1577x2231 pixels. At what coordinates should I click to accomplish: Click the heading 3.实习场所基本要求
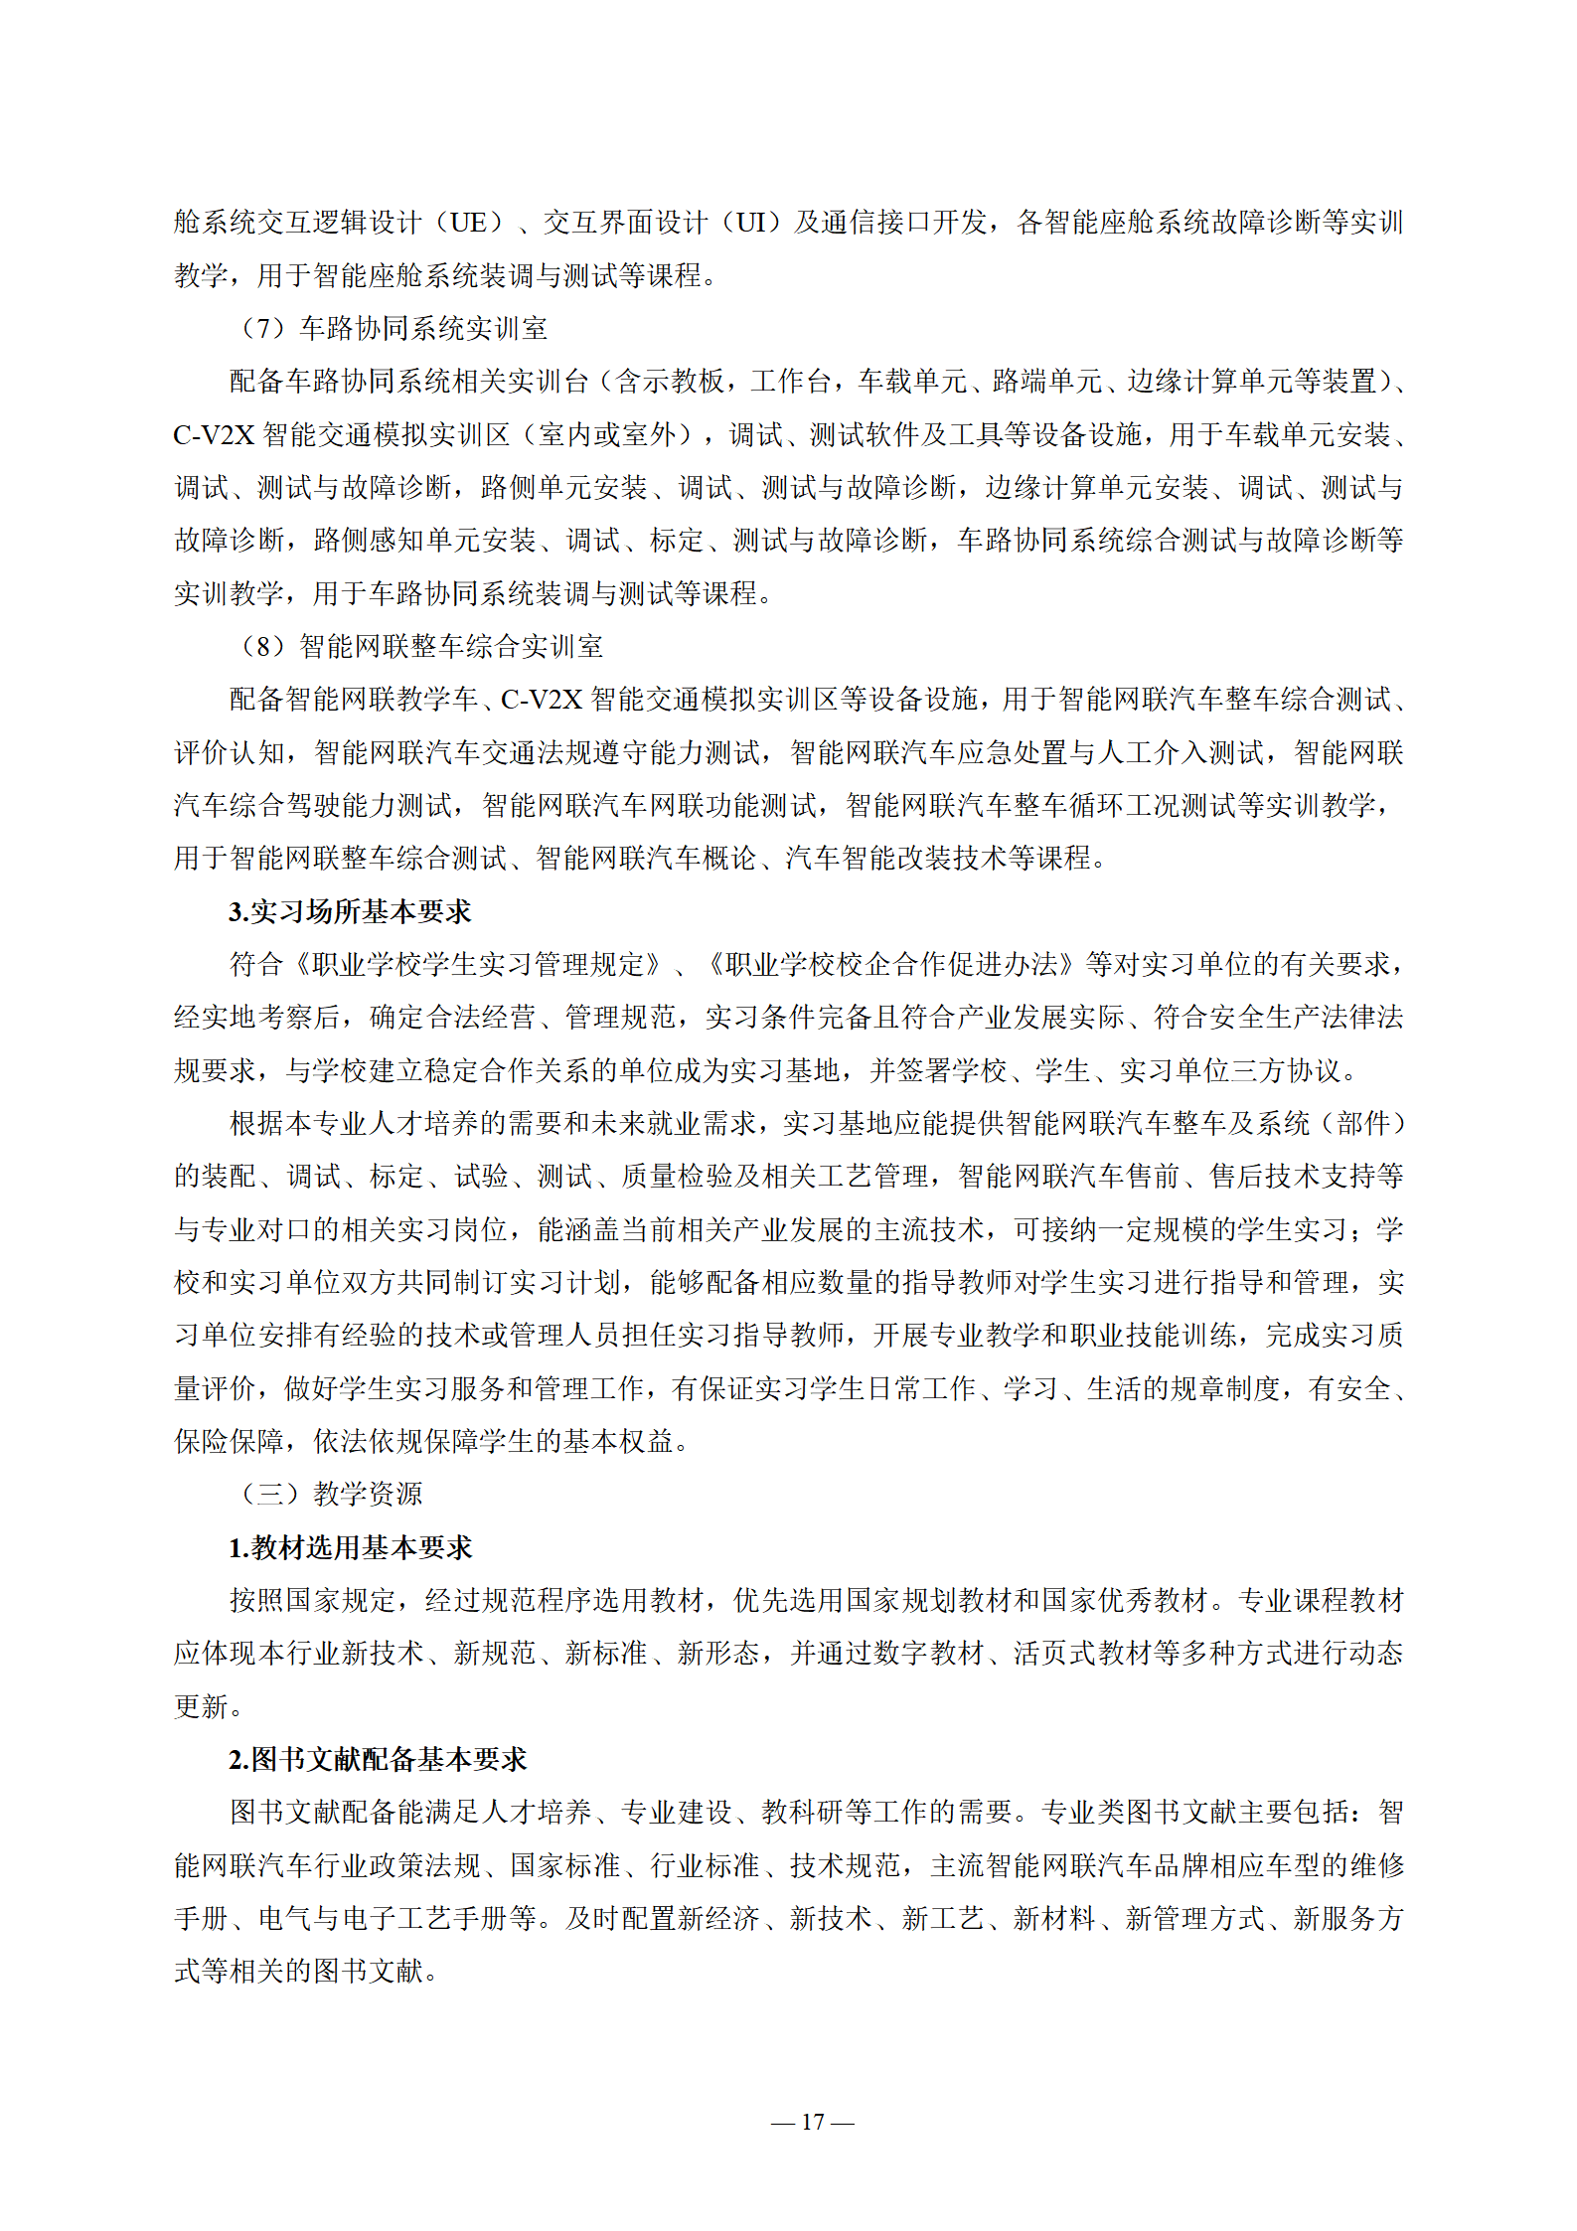pyautogui.click(x=350, y=911)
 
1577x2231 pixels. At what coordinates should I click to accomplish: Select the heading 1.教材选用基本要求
pyautogui.click(x=350, y=1547)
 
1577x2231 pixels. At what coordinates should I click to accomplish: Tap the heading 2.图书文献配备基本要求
pyautogui.click(x=378, y=1759)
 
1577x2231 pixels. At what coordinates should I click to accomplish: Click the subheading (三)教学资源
pyautogui.click(x=332, y=1494)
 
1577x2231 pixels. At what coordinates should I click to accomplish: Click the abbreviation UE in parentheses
pyautogui.click(x=469, y=223)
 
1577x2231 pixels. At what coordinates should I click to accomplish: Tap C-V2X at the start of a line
pyautogui.click(x=214, y=434)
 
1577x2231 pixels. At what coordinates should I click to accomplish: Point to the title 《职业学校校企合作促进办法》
pyautogui.click(x=891, y=964)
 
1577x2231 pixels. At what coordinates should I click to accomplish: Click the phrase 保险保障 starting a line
pyautogui.click(x=229, y=1441)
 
